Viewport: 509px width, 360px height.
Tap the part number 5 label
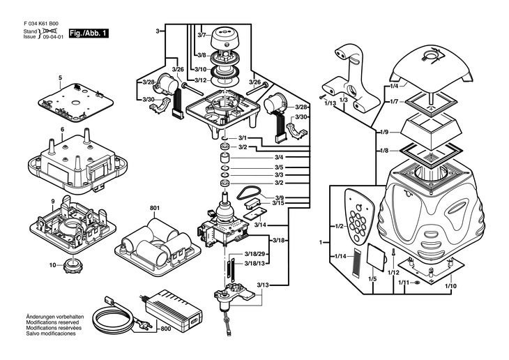pyautogui.click(x=60, y=77)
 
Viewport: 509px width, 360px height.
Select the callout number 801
pyautogui.click(x=154, y=209)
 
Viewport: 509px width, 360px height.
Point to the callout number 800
pyautogui.click(x=165, y=329)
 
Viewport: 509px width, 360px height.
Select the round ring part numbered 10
pyautogui.click(x=72, y=265)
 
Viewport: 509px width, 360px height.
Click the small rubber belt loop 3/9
pyautogui.click(x=245, y=192)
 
